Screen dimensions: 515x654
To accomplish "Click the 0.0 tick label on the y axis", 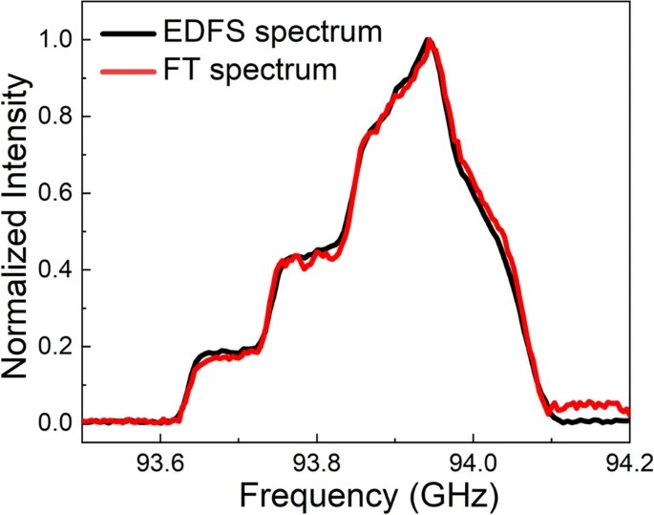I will point(56,421).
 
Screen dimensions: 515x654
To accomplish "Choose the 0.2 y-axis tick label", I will point(56,345).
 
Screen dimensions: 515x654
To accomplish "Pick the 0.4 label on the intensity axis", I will point(56,268).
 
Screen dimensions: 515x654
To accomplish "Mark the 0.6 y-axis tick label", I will point(56,192).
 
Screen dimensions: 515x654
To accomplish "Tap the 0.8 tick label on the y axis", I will point(56,116).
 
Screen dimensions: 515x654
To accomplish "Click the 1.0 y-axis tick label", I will point(56,39).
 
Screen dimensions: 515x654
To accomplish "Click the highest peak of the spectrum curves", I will point(430,41).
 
